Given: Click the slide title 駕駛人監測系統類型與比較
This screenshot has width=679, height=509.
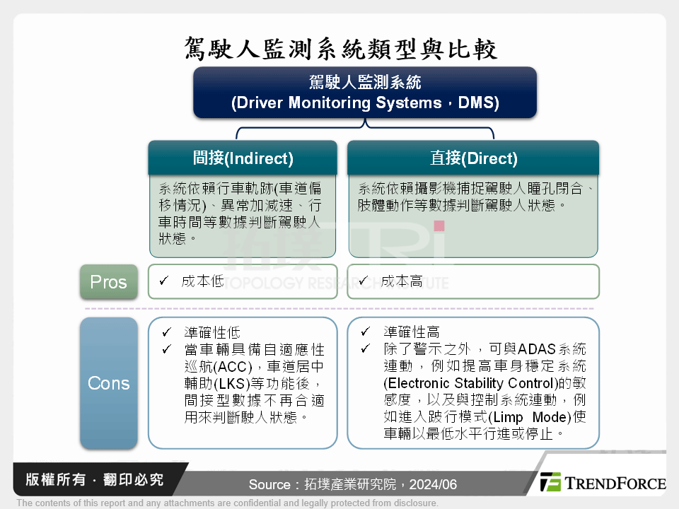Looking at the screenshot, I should pyautogui.click(x=340, y=48).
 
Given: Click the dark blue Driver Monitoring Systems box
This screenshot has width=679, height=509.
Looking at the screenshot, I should pyautogui.click(x=365, y=93).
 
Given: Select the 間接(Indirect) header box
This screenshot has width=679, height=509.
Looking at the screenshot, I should pyautogui.click(x=243, y=158).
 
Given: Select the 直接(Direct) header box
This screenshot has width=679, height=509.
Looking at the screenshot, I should pyautogui.click(x=473, y=158).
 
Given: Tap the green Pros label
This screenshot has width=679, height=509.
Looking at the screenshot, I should pyautogui.click(x=108, y=282).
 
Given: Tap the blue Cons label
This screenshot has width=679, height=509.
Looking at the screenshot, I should pyautogui.click(x=108, y=383).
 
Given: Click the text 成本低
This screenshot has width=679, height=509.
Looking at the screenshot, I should pyautogui.click(x=202, y=281).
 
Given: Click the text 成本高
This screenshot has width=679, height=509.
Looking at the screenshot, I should pyautogui.click(x=402, y=281).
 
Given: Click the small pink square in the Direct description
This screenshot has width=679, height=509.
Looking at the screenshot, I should pyautogui.click(x=439, y=226).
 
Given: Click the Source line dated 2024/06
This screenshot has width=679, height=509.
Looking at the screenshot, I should pyautogui.click(x=352, y=485).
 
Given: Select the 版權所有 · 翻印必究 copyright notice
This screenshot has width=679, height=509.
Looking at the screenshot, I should pyautogui.click(x=95, y=480).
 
